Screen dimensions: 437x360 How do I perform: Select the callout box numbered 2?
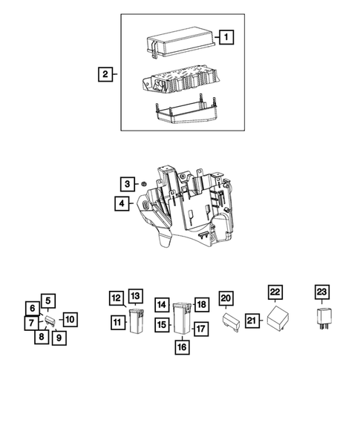pyautogui.click(x=108, y=73)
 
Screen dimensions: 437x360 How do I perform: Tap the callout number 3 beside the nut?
pyautogui.click(x=128, y=183)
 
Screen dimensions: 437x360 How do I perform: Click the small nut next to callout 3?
pyautogui.click(x=144, y=184)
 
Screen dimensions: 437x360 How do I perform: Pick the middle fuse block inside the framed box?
pyautogui.click(x=178, y=78)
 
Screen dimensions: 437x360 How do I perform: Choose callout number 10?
pyautogui.click(x=68, y=320)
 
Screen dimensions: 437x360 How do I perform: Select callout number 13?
pyautogui.click(x=135, y=297)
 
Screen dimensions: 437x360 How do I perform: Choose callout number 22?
pyautogui.click(x=275, y=292)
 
